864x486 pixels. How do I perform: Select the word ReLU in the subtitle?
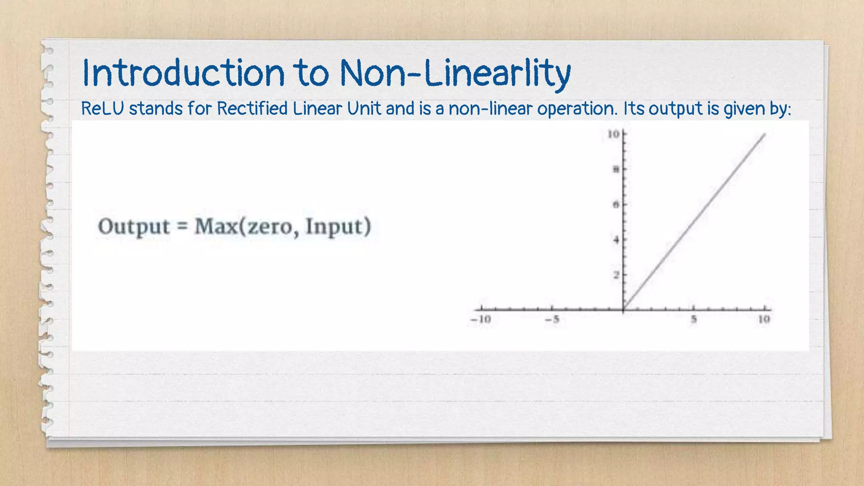point(103,109)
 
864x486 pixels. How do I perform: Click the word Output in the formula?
point(134,227)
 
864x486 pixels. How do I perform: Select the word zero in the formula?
point(269,227)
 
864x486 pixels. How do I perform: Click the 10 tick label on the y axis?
point(613,134)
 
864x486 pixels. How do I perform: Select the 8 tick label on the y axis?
point(616,170)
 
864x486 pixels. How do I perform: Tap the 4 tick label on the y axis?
point(616,240)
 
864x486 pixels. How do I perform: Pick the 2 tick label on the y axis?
point(616,275)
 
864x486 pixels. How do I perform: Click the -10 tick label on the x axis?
point(481,319)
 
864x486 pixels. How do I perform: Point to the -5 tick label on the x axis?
point(552,319)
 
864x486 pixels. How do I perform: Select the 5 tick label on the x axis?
point(694,319)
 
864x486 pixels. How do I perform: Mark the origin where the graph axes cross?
point(624,310)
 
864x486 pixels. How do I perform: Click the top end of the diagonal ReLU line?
point(765,134)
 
